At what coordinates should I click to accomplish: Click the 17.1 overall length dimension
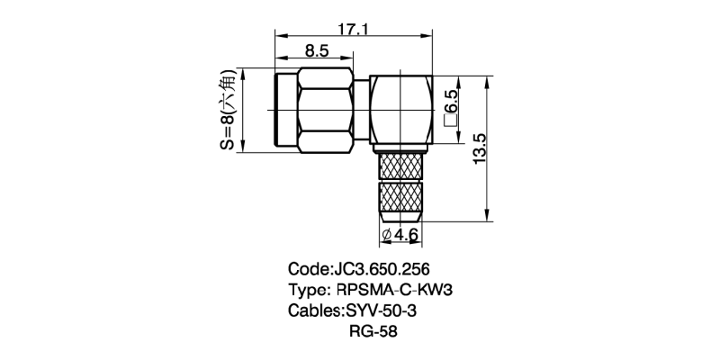point(353,30)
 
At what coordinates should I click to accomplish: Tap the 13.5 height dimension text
point(480,148)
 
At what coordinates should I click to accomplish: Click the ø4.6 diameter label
point(401,235)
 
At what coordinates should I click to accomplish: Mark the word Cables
point(315,311)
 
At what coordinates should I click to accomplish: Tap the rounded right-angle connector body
point(401,110)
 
